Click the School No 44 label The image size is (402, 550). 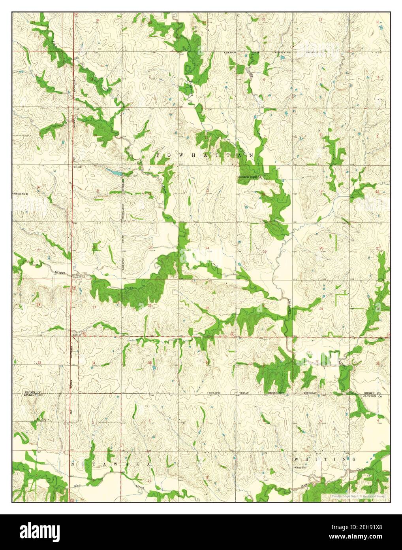click(x=22, y=193)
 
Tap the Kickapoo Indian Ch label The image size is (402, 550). click(x=253, y=177)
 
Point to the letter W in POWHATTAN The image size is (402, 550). click(x=175, y=156)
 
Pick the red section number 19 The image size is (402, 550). click(x=265, y=251)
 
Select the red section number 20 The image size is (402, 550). click(x=321, y=248)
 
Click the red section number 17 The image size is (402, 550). click(x=321, y=191)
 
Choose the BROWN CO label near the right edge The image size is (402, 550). click(x=372, y=393)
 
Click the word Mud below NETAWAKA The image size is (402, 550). click(x=77, y=484)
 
